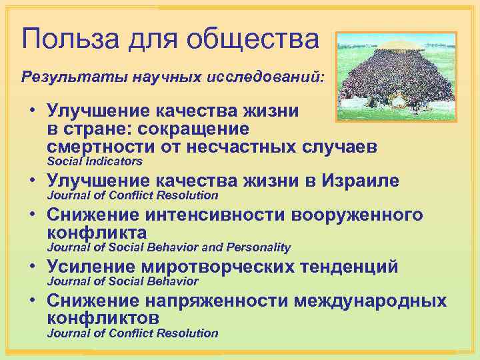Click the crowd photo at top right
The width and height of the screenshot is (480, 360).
[396, 76]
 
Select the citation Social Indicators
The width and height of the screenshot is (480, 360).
[94, 161]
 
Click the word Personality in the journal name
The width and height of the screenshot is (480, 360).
[259, 247]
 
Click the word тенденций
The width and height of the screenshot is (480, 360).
[353, 267]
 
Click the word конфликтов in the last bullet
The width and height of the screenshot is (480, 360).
[103, 318]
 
